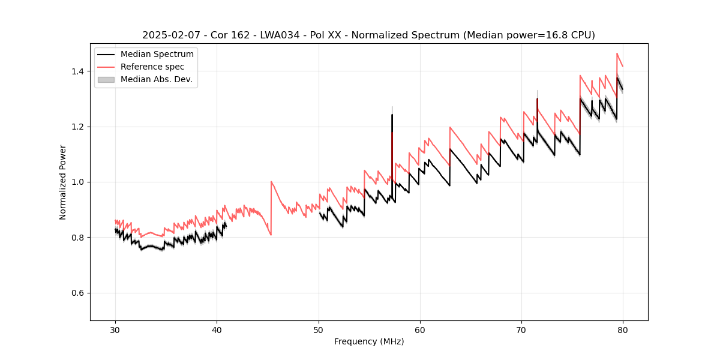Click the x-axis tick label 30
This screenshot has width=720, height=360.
pyautogui.click(x=115, y=329)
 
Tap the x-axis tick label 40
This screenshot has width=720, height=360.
pyautogui.click(x=217, y=329)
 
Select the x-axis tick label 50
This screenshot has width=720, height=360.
pyautogui.click(x=318, y=329)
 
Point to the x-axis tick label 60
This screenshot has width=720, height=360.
pyautogui.click(x=420, y=329)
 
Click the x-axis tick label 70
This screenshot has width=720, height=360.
pyautogui.click(x=521, y=329)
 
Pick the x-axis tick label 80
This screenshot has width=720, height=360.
pyautogui.click(x=623, y=329)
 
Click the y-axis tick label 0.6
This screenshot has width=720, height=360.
pyautogui.click(x=79, y=293)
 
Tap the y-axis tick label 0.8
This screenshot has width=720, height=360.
pyautogui.click(x=79, y=238)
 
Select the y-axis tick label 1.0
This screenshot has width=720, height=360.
pyautogui.click(x=79, y=182)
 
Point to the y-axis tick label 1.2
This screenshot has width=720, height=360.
pyautogui.click(x=79, y=127)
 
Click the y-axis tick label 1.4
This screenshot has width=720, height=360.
pyautogui.click(x=79, y=71)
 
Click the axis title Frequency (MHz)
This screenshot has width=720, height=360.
pyautogui.click(x=369, y=341)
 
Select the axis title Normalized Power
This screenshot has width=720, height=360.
pyautogui.click(x=63, y=182)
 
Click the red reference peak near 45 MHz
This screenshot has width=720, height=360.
pyautogui.click(x=271, y=182)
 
